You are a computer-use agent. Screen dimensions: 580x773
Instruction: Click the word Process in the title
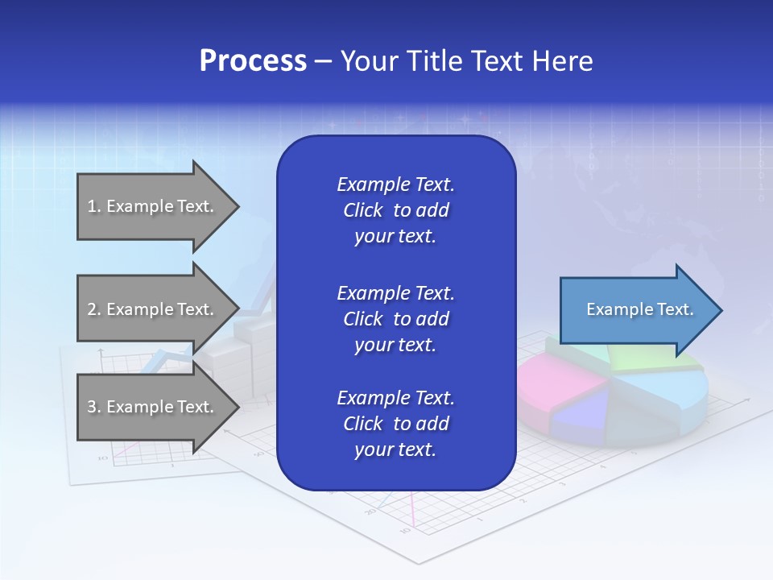(x=253, y=60)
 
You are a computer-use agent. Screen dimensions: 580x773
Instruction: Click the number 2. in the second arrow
(x=93, y=309)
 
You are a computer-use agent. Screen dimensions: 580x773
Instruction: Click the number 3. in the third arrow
(x=93, y=407)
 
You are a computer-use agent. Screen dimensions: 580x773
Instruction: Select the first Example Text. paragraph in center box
(x=395, y=210)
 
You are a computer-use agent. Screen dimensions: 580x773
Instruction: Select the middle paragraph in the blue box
(x=395, y=319)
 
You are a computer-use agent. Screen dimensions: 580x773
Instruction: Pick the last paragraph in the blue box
(x=395, y=424)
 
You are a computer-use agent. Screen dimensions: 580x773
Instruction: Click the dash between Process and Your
(x=323, y=61)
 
